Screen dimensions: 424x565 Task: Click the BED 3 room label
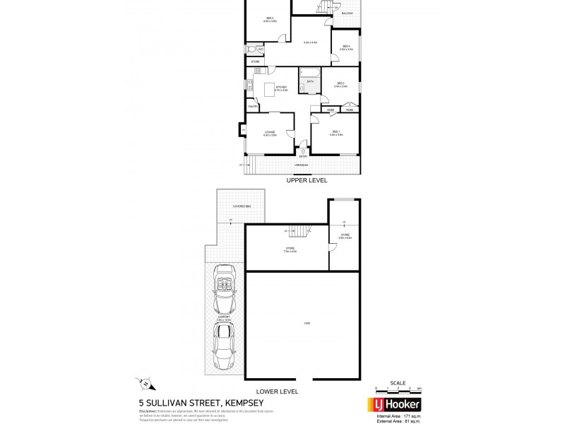click(x=270, y=18)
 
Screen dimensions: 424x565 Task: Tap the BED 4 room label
click(x=345, y=47)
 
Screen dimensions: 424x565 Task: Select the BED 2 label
click(x=340, y=83)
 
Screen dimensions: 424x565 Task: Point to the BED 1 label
click(x=336, y=131)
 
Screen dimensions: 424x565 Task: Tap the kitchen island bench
click(x=269, y=90)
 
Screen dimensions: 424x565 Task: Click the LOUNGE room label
click(x=269, y=132)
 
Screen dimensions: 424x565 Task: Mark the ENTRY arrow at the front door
click(x=303, y=150)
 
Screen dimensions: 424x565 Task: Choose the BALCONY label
click(x=347, y=13)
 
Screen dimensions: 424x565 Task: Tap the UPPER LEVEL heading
click(x=304, y=181)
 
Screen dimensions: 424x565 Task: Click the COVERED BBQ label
click(x=242, y=206)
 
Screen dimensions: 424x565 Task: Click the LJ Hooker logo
click(x=392, y=405)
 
